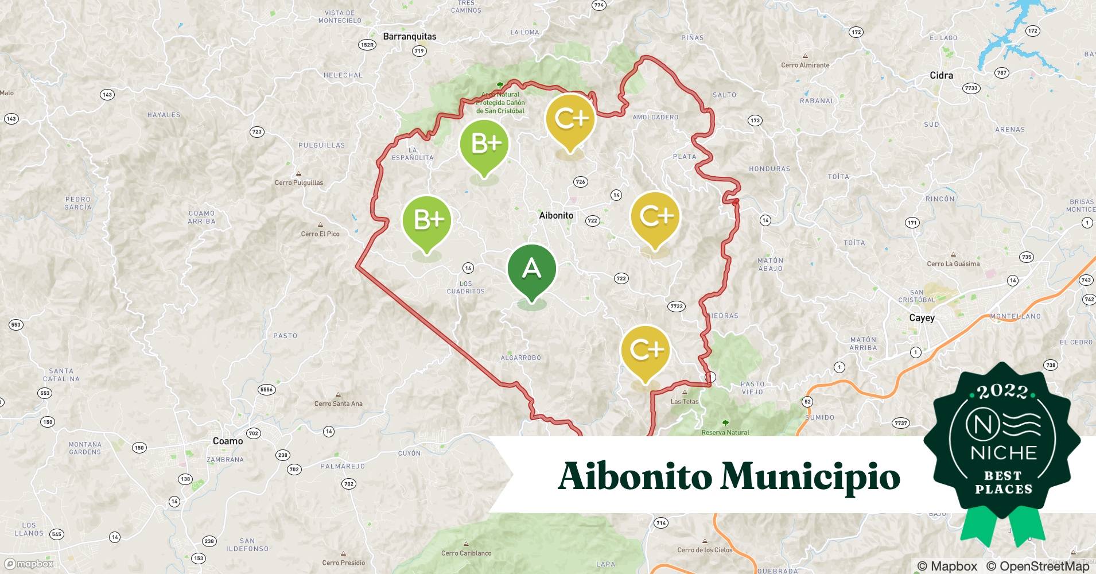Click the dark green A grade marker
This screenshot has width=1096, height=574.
(x=532, y=270)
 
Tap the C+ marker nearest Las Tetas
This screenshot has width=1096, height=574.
(x=646, y=351)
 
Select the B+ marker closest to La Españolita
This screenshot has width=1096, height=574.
(x=484, y=145)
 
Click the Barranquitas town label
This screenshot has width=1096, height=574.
(x=409, y=36)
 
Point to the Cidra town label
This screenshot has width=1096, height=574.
(x=941, y=75)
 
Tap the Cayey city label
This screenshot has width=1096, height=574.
(x=922, y=317)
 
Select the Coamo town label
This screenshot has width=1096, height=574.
(x=228, y=441)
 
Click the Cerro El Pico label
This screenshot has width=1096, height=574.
(x=320, y=234)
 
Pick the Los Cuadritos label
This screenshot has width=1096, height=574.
(x=466, y=288)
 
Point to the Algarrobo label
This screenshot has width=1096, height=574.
(x=520, y=358)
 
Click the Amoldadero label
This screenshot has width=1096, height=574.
(x=655, y=117)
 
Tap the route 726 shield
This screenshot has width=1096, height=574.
(x=580, y=182)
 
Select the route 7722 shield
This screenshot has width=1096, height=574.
(x=677, y=306)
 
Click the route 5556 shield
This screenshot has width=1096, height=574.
(x=266, y=389)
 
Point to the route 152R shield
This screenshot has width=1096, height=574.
(x=366, y=45)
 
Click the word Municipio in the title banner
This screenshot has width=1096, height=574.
(x=810, y=477)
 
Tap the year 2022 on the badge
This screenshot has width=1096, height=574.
(x=1002, y=392)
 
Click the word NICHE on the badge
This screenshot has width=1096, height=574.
(x=1003, y=453)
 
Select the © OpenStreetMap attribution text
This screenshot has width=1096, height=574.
(x=1037, y=566)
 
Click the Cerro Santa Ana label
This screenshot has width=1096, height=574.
(x=338, y=404)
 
